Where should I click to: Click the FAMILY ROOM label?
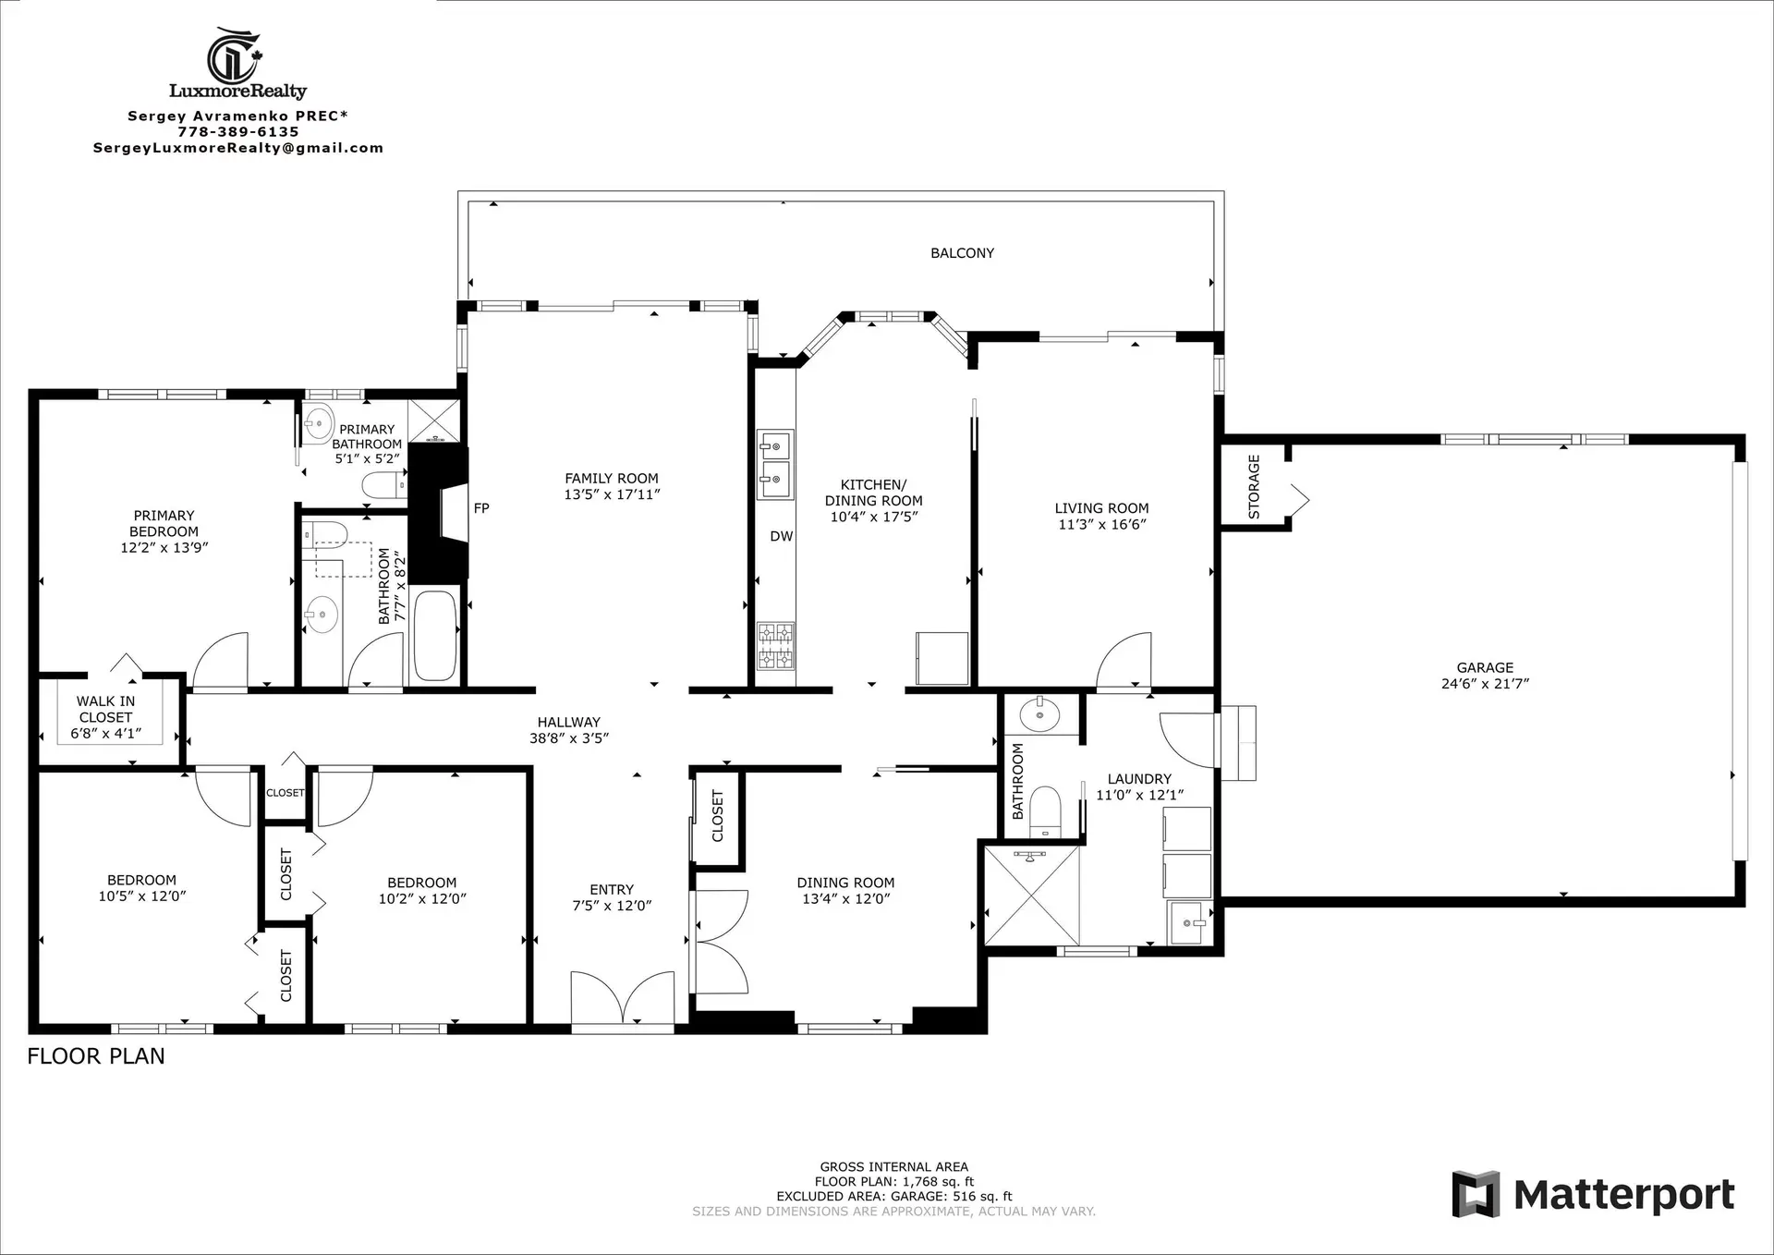pyautogui.click(x=612, y=478)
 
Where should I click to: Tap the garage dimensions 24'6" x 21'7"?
pyautogui.click(x=1485, y=684)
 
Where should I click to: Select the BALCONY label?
pyautogui.click(x=962, y=253)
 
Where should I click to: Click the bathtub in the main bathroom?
pyautogui.click(x=434, y=635)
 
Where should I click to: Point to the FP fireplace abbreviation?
pyautogui.click(x=481, y=508)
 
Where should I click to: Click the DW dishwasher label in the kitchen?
pyautogui.click(x=781, y=536)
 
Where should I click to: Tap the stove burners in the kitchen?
pyautogui.click(x=775, y=646)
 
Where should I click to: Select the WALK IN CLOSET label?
pyautogui.click(x=105, y=709)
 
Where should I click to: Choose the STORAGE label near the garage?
pyautogui.click(x=1254, y=486)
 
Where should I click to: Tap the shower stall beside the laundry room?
pyautogui.click(x=1032, y=896)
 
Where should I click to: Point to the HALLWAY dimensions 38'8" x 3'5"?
pyautogui.click(x=568, y=738)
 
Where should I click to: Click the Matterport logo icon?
pyautogui.click(x=1476, y=1194)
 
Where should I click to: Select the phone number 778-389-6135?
pyautogui.click(x=238, y=132)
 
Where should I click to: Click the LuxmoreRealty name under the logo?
pyautogui.click(x=237, y=91)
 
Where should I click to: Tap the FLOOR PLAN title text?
pyautogui.click(x=96, y=1056)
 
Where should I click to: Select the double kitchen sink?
pyautogui.click(x=775, y=463)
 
